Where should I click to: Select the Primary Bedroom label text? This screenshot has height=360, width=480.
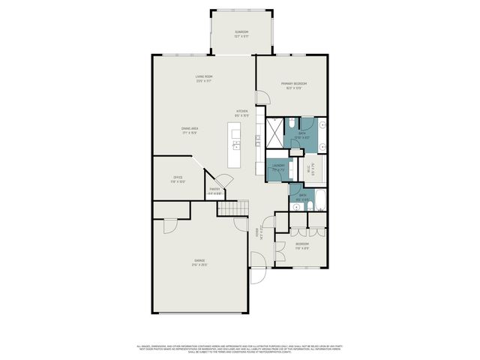click(294, 85)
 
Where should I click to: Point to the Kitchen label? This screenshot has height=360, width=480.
click(241, 112)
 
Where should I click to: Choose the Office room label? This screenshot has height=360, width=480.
click(178, 178)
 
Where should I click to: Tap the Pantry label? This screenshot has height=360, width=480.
click(214, 191)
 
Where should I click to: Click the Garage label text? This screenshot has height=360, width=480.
click(200, 262)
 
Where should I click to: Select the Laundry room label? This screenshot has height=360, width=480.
click(277, 167)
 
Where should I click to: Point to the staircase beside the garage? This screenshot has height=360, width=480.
click(232, 207)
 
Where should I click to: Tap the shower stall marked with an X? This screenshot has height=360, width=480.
click(275, 135)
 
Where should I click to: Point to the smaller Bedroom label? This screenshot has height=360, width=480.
click(301, 245)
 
